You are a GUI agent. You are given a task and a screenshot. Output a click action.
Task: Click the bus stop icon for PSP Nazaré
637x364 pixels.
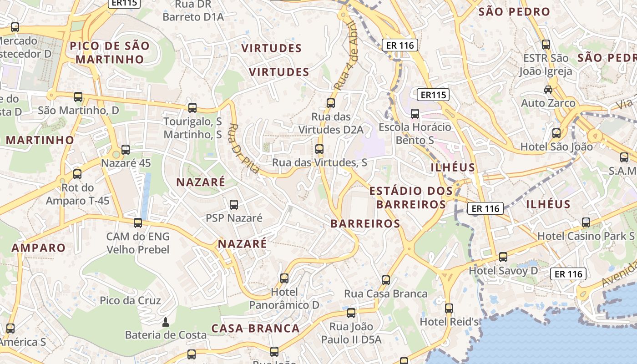(234, 205)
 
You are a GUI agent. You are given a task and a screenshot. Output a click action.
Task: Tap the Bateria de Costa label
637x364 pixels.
(166, 335)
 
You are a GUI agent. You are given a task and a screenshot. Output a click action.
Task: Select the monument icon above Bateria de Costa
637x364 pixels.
(166, 322)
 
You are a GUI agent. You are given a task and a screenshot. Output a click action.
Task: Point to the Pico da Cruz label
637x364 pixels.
(130, 301)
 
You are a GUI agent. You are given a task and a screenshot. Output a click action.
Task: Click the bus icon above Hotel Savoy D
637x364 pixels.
(503, 257)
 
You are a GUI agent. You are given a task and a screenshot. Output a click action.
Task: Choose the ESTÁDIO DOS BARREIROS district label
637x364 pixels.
(411, 197)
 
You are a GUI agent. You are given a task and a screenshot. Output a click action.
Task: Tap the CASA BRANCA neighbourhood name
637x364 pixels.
(255, 329)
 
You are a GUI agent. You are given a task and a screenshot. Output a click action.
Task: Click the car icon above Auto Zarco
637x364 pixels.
(548, 90)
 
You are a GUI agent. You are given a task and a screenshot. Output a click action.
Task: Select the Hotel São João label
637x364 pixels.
(556, 147)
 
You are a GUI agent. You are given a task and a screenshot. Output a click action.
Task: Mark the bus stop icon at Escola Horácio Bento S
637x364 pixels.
(415, 114)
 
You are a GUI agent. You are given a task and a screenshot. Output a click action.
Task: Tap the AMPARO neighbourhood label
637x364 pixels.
(39, 248)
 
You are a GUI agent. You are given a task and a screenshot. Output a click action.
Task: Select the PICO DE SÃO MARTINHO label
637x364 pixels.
(109, 52)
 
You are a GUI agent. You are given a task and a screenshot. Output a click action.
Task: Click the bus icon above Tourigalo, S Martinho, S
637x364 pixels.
(192, 108)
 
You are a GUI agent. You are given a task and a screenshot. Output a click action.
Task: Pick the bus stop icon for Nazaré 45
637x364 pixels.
(126, 150)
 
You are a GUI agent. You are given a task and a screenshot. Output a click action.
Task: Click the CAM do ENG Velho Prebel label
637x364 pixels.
(137, 243)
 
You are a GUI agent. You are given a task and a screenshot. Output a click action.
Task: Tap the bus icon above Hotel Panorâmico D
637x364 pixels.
(284, 278)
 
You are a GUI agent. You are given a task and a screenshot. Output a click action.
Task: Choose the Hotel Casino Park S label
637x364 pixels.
(586, 236)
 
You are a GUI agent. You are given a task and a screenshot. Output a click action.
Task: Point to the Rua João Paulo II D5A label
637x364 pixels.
(351, 333)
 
